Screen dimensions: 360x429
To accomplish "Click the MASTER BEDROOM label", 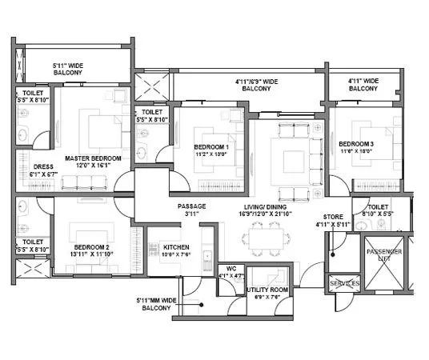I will (x=93, y=158).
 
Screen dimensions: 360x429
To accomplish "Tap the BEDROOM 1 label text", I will (x=211, y=147).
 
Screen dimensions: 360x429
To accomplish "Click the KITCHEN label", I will (x=174, y=247).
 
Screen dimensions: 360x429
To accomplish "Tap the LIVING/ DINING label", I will (x=269, y=206).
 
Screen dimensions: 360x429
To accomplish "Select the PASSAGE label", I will (x=191, y=206).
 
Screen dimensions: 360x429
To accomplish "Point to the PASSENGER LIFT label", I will (x=379, y=255).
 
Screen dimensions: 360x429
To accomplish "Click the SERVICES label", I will (x=345, y=283).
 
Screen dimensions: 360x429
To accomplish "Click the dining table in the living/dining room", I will (x=263, y=236).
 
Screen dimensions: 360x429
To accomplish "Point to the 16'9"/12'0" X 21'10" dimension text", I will (x=269, y=214).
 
